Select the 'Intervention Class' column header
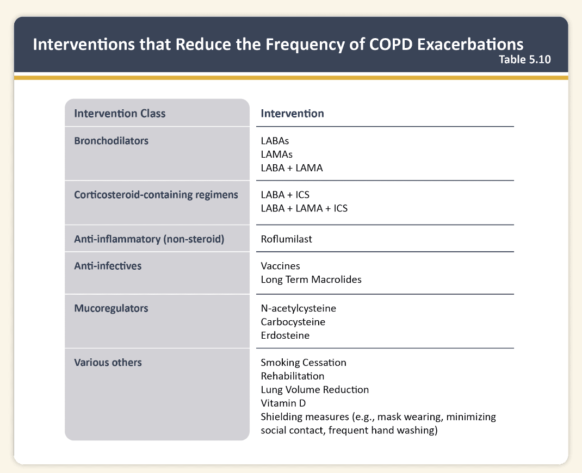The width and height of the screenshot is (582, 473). click(120, 114)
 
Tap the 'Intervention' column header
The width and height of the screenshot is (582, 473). click(292, 114)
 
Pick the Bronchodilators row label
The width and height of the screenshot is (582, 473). click(111, 141)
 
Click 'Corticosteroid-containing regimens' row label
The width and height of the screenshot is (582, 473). click(156, 195)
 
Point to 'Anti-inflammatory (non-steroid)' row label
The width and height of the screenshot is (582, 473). click(149, 239)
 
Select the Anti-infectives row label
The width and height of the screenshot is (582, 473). click(107, 266)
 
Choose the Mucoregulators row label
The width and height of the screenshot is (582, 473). click(111, 308)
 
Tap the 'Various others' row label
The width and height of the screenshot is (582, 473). click(108, 362)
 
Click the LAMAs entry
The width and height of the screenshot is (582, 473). click(276, 154)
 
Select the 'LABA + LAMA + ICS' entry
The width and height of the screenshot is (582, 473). click(304, 208)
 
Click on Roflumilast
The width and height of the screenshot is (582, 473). click(286, 239)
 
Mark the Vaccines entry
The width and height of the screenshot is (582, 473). click(280, 266)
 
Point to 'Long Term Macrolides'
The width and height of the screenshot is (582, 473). click(311, 280)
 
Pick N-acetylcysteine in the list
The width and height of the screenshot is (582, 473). click(299, 308)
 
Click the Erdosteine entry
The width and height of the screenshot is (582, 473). click(285, 335)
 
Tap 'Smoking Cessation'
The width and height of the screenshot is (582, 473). click(304, 362)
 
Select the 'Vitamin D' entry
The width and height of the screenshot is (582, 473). click(283, 403)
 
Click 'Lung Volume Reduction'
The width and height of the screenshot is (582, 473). click(315, 389)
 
